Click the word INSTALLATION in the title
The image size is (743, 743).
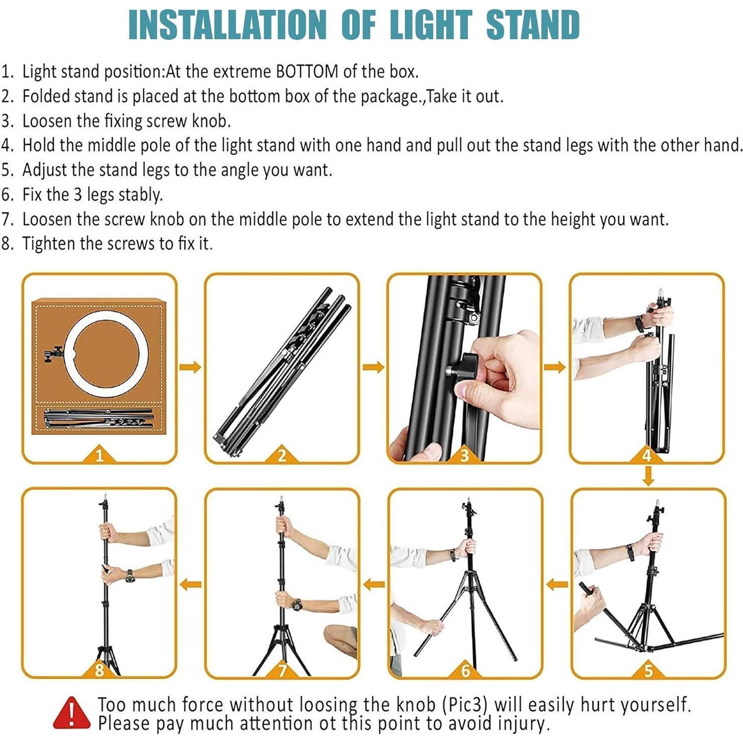click(227, 25)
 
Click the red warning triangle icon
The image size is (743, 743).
click(72, 713)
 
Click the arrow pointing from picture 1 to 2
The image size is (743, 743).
click(190, 367)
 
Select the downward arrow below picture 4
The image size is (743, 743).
click(648, 476)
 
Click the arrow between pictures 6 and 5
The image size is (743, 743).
click(556, 584)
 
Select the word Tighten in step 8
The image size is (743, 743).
click(49, 244)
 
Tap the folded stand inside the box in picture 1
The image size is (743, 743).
click(98, 418)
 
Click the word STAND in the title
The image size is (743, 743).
click(532, 25)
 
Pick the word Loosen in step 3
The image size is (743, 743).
click(47, 121)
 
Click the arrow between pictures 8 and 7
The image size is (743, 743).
click(191, 584)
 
